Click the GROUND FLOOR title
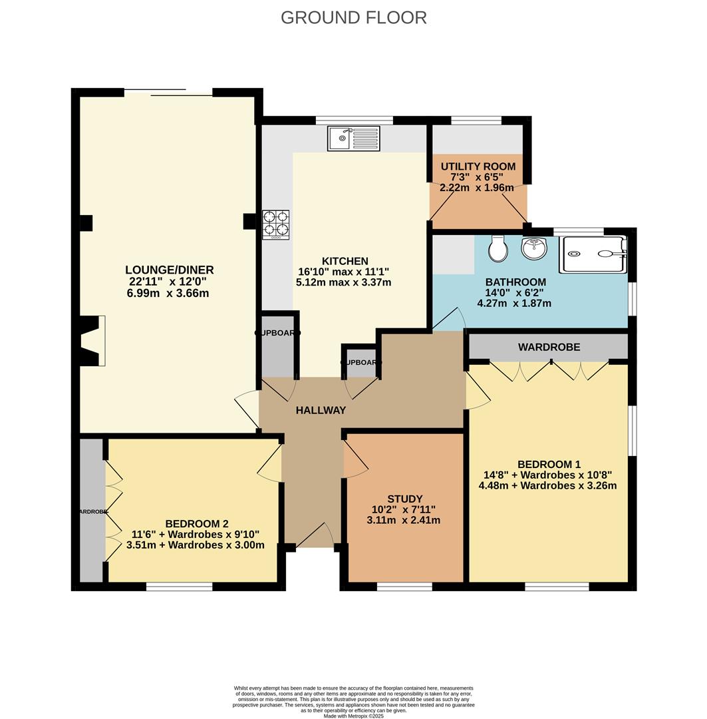point(353,17)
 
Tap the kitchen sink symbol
point(353,138)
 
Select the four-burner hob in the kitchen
point(277,224)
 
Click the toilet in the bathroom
point(497,249)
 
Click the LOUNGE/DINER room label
point(170,270)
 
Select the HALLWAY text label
point(321,410)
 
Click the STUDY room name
point(404,499)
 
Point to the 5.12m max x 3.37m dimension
point(343,282)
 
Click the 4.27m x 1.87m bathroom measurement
point(514,304)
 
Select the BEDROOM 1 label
point(549,464)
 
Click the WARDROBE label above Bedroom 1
point(549,347)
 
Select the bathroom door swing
point(449,319)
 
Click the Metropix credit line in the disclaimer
point(353,716)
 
